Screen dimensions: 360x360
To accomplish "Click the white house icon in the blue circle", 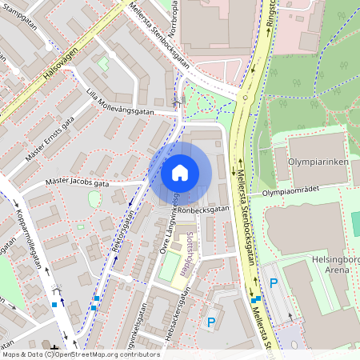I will click(x=180, y=172).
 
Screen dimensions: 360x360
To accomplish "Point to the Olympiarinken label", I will click(x=314, y=161).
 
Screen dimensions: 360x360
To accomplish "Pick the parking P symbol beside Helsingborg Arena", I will click(x=274, y=282).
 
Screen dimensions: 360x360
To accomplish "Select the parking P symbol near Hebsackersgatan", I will click(x=211, y=322).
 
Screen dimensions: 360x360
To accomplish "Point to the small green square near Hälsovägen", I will click(x=102, y=63).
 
